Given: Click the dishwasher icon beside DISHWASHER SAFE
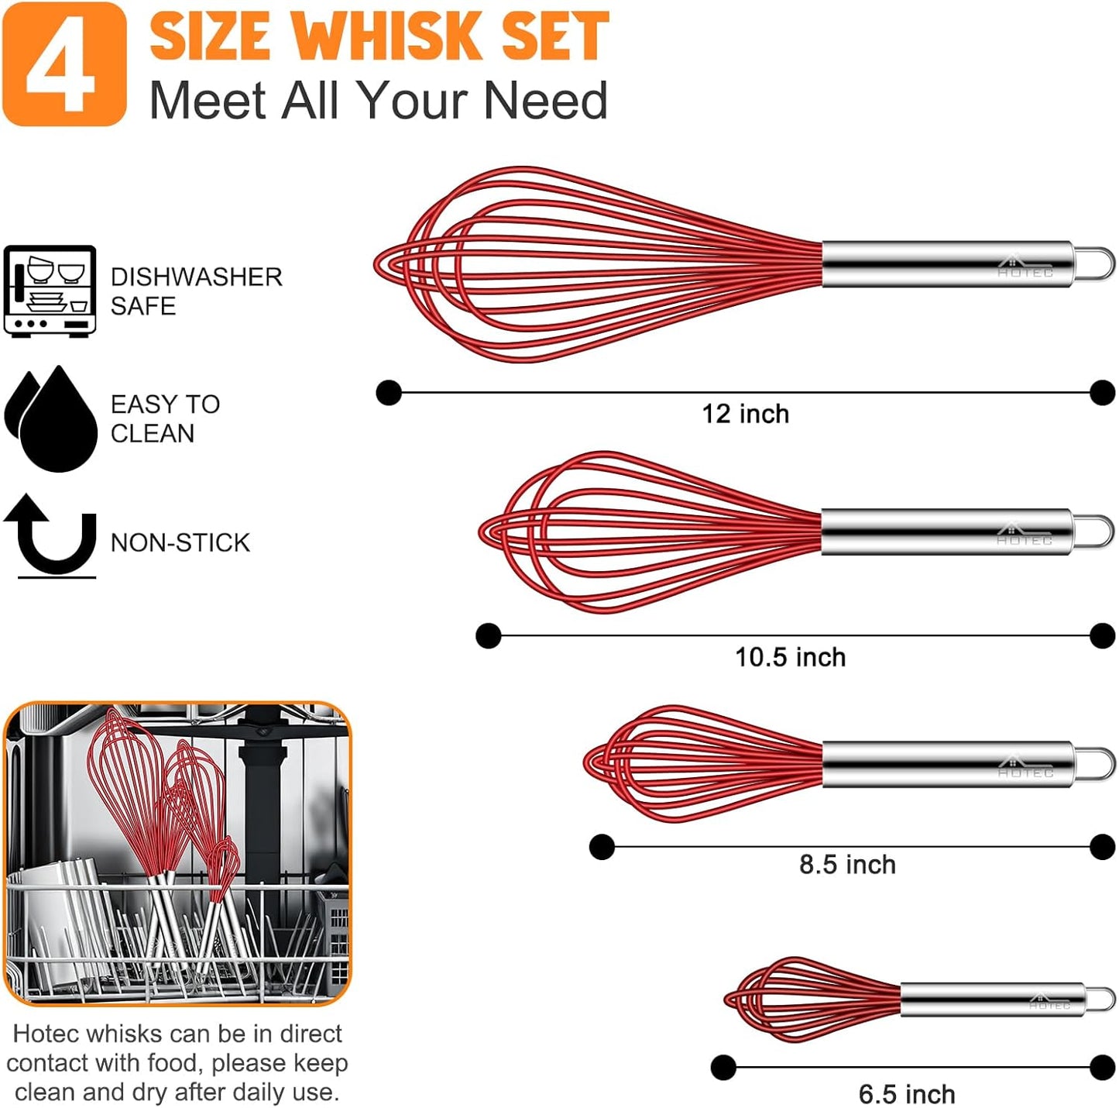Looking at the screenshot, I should (x=50, y=291).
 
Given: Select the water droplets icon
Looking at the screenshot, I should (x=51, y=418).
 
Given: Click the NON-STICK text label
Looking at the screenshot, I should (x=180, y=542).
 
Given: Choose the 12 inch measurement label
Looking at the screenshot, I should (x=745, y=414).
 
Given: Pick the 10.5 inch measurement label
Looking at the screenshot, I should (x=790, y=657).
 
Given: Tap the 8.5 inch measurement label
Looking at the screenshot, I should (x=847, y=864).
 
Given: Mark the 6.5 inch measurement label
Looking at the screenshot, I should (x=907, y=1094).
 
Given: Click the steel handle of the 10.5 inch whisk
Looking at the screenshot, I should (x=945, y=532).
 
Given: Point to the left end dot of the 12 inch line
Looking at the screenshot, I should (x=389, y=393).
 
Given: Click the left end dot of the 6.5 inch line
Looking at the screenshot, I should (x=723, y=1067).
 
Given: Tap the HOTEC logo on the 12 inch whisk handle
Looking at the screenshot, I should (x=1025, y=267).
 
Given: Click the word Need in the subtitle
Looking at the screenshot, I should (x=546, y=101).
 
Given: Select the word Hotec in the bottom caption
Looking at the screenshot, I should (x=49, y=1034).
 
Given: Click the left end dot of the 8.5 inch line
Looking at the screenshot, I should (x=602, y=847).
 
